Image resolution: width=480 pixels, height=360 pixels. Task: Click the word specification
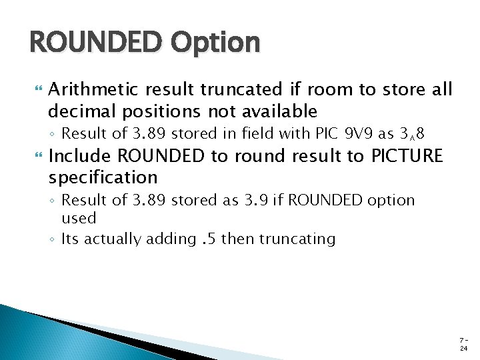103,177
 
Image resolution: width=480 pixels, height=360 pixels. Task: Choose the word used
79,218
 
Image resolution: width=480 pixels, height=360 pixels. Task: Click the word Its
70,239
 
